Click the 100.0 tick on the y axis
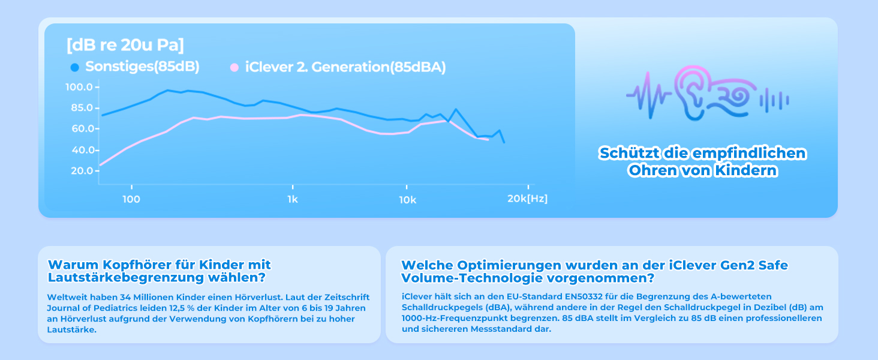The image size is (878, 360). [x=79, y=88]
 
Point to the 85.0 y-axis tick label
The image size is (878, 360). [x=80, y=108]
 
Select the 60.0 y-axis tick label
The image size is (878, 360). [x=80, y=129]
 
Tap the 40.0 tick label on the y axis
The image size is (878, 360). [x=80, y=150]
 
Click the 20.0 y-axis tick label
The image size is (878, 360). [x=80, y=171]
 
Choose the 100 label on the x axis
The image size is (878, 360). [x=131, y=199]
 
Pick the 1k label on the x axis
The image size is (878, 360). [x=292, y=199]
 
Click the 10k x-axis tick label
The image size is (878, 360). [x=407, y=199]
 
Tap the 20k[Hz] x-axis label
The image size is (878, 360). [x=527, y=199]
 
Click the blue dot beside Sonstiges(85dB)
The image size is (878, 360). [x=74, y=67]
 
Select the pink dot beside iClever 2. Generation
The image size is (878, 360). [x=235, y=67]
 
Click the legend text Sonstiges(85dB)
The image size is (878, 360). [x=142, y=67]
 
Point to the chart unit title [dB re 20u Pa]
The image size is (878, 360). [x=125, y=45]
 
